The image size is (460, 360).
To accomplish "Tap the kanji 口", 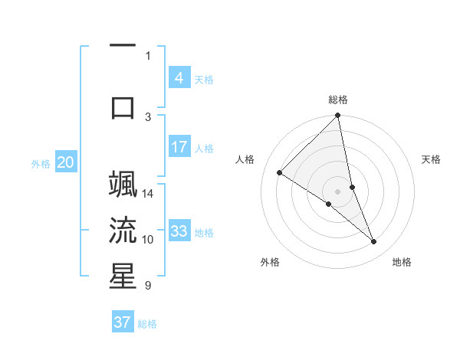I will pos(123,107).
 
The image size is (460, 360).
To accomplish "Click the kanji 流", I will pos(123,231).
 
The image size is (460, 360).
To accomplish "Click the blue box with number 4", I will pos(179,77).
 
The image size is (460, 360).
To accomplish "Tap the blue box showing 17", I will pos(179,146).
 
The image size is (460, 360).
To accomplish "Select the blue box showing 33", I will pos(179,231).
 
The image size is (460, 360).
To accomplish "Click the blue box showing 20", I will pos(66,162).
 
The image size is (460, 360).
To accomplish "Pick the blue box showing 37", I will pos(123,322).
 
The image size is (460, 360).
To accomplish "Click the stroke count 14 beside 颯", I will pos(149,193).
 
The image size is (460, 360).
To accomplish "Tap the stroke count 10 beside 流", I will pos(149,240).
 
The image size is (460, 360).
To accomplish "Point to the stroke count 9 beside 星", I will pos(149,286).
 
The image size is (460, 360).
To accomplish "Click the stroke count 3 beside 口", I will pos(149,116).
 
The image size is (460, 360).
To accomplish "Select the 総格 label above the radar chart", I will pos(338,100).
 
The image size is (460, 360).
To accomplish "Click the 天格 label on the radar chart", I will pos(432,159).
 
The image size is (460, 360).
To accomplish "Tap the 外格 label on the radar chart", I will pos(270,262).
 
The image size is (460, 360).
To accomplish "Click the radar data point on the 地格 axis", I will pos(374,242).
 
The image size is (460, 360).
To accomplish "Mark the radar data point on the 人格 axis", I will pos(280,172).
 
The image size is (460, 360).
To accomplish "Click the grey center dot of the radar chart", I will pos(338,191).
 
